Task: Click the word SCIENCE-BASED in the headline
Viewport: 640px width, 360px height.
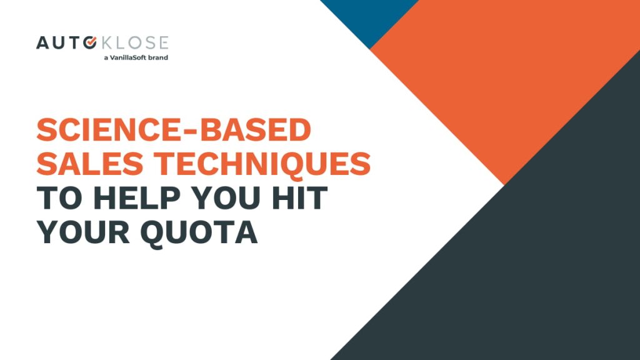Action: coord(174,130)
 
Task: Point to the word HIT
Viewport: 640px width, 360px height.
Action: coord(299,198)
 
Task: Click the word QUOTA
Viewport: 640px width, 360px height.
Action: coord(199,233)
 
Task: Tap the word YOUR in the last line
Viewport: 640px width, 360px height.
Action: coord(83,232)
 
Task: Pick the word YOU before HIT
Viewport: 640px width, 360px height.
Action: coord(226,198)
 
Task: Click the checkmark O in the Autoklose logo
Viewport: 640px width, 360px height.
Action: coord(90,42)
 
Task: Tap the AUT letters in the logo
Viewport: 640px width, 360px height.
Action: coord(59,43)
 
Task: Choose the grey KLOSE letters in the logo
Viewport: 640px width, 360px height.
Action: coord(135,43)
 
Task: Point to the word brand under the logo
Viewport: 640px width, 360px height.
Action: coord(158,57)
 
